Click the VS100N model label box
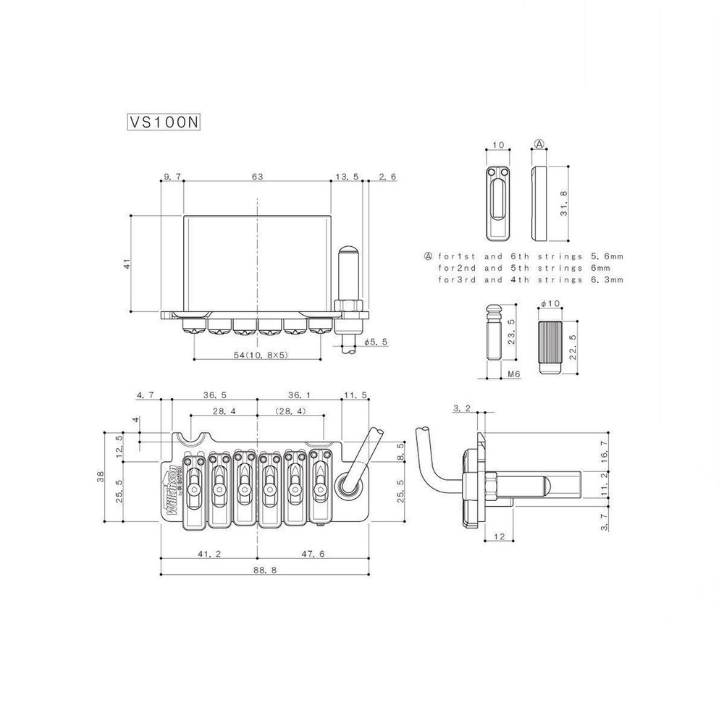click(164, 122)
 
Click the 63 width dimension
click(257, 177)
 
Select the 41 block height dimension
click(127, 264)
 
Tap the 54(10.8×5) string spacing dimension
click(261, 355)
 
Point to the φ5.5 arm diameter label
click(376, 342)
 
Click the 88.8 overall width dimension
click(265, 570)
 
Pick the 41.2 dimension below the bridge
click(209, 554)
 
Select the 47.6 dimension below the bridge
click(313, 554)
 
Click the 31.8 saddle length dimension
click(564, 203)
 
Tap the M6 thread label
click(513, 374)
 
